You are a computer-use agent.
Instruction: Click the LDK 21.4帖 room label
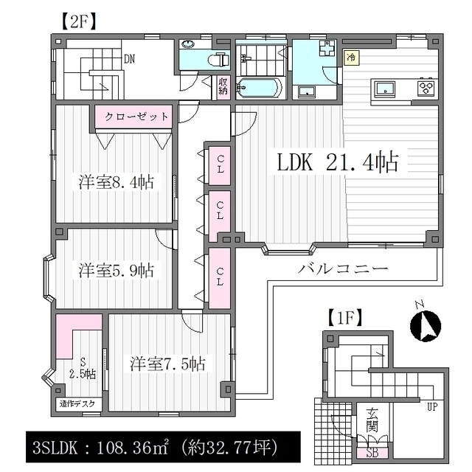(338, 163)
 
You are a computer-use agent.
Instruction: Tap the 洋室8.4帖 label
(117, 182)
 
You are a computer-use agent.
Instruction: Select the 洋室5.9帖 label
(117, 271)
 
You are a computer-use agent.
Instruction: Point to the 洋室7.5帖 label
(167, 364)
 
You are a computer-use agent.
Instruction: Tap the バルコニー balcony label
(343, 268)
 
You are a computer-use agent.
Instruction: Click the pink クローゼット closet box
(133, 117)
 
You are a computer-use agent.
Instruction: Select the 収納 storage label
(223, 86)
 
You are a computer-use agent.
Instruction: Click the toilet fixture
(219, 59)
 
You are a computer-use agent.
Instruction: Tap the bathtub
(260, 88)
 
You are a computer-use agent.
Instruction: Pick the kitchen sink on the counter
(384, 89)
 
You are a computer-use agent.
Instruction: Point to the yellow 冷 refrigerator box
(352, 58)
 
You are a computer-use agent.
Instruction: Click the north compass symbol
(425, 325)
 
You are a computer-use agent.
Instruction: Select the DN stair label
(130, 59)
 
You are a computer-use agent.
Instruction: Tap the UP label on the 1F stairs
(432, 407)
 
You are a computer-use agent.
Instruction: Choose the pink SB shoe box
(372, 453)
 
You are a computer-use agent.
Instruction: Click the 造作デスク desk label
(77, 403)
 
